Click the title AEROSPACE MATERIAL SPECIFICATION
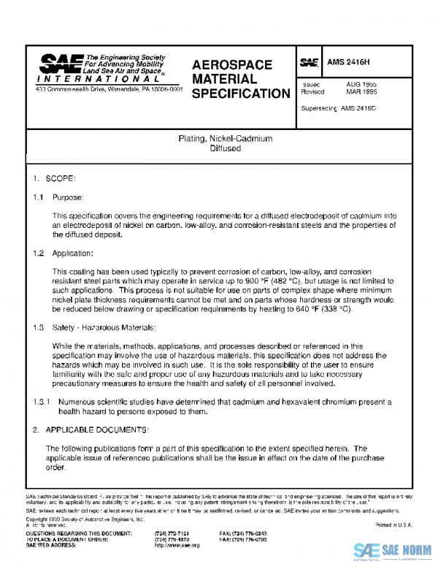click(x=240, y=79)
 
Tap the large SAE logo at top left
click(x=60, y=64)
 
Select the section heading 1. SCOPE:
click(x=49, y=178)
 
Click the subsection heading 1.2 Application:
click(x=64, y=253)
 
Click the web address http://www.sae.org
click(x=175, y=545)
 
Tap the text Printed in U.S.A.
click(x=393, y=525)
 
